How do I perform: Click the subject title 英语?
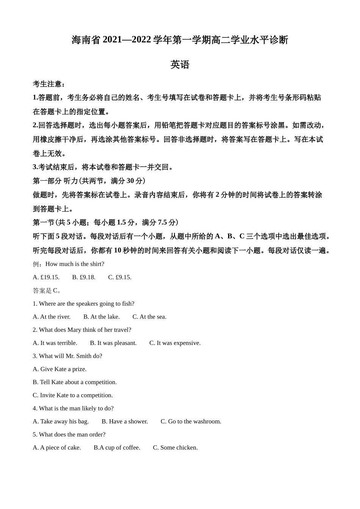tap(180, 64)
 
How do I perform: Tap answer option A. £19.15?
tap(46, 277)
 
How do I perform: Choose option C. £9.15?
tap(120, 277)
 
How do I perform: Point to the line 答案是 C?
tap(47, 290)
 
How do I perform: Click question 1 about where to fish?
tap(83, 304)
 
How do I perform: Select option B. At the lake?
tap(102, 317)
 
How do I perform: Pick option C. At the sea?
tap(149, 317)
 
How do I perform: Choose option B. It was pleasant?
tap(113, 343)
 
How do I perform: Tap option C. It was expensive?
tap(175, 343)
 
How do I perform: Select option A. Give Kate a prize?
tap(59, 369)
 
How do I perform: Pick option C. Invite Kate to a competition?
tap(73, 395)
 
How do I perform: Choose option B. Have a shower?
tap(125, 422)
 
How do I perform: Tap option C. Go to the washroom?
tap(191, 422)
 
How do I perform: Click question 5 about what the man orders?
tap(69, 435)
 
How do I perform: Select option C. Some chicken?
tap(175, 448)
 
